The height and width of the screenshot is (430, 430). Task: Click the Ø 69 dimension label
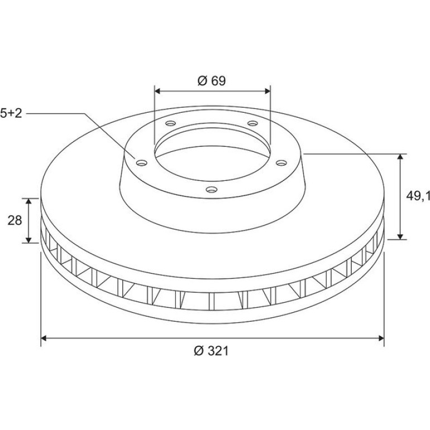coord(212,80)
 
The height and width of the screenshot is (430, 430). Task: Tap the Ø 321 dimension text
coord(211,351)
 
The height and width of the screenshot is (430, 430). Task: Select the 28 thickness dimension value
coord(15,220)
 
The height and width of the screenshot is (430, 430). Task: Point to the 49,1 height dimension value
coord(418,196)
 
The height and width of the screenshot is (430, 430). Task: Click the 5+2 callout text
coord(11,113)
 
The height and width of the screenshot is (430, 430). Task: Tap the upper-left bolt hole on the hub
coord(170,123)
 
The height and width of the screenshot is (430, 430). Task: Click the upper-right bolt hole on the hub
coord(252,123)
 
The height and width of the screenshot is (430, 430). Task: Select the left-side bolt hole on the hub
coord(142,163)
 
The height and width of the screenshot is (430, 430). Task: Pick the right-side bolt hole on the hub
coord(281,163)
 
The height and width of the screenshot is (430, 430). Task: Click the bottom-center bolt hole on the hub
coord(212,189)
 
